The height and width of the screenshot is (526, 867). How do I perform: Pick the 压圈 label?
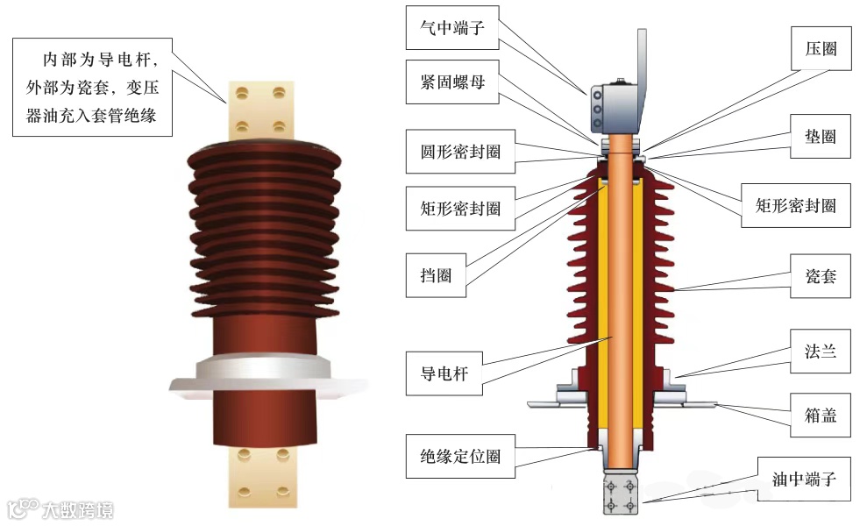point(821,48)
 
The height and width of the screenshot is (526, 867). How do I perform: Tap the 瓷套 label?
point(821,276)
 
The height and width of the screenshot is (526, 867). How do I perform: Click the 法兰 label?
point(821,352)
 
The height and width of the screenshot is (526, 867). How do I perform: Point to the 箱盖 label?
point(821,414)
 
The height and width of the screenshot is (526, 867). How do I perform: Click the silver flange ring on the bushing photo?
point(263,374)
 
